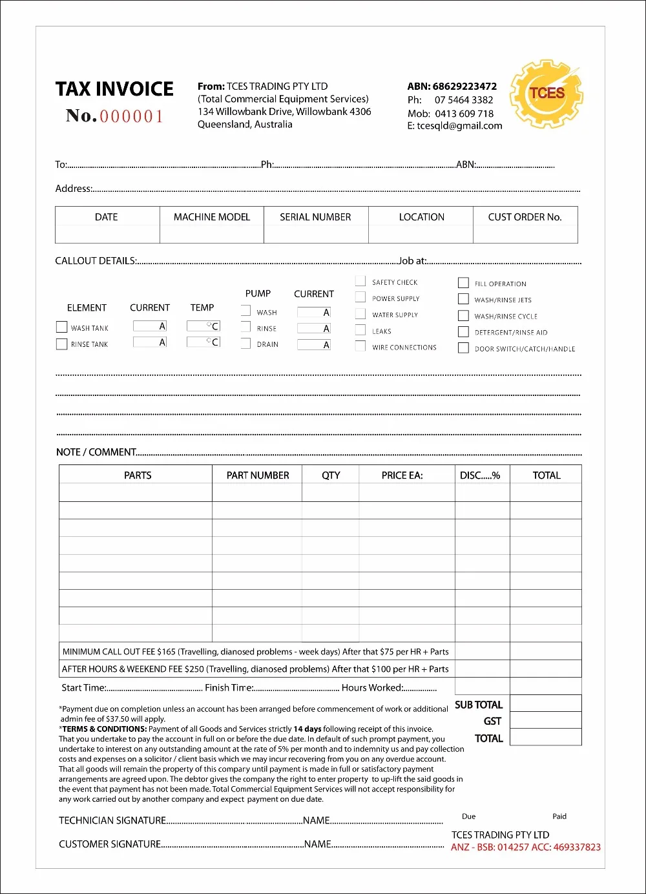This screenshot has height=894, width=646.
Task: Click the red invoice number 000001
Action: [x=131, y=117]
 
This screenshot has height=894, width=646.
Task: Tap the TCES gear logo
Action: [x=547, y=94]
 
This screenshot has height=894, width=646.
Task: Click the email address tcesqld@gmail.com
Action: [x=459, y=126]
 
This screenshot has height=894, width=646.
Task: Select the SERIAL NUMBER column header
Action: [x=315, y=217]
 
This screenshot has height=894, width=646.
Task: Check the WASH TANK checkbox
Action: [x=62, y=327]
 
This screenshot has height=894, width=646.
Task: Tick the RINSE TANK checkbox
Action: [x=62, y=344]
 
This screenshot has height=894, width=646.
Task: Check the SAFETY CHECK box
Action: [x=360, y=281]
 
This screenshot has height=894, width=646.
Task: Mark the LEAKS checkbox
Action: [x=360, y=330]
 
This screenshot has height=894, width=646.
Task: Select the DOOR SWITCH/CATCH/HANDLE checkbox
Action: [x=463, y=348]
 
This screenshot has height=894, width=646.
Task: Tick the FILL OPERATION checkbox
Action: [x=463, y=283]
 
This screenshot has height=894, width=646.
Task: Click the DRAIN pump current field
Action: [x=313, y=345]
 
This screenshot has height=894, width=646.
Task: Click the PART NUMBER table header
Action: [x=258, y=475]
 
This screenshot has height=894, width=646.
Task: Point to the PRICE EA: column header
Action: [x=402, y=475]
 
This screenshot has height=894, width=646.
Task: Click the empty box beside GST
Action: [x=545, y=720]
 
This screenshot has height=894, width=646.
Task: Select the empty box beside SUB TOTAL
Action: [x=545, y=703]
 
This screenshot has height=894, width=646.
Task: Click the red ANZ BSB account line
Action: [x=525, y=847]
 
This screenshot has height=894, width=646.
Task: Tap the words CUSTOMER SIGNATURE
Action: [x=110, y=844]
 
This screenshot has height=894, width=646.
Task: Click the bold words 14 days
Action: [x=307, y=729]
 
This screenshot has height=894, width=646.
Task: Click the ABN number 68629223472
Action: [x=464, y=86]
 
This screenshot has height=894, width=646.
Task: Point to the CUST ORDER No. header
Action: [x=525, y=217]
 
